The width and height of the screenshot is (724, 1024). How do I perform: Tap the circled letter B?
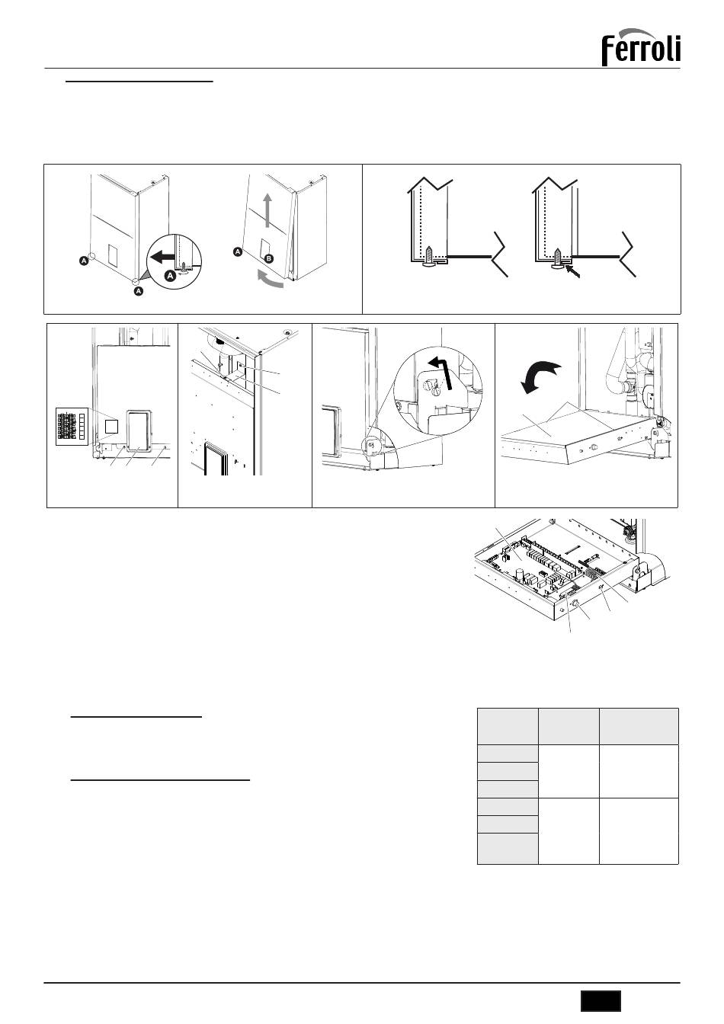[x=269, y=258]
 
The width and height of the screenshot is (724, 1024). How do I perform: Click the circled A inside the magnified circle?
[x=170, y=276]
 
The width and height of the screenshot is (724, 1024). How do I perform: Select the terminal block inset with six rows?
[x=72, y=427]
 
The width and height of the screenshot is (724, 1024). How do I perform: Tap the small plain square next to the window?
[x=111, y=427]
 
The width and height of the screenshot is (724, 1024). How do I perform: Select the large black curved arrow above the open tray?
[x=540, y=376]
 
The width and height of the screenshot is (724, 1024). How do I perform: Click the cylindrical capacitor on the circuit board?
[x=520, y=573]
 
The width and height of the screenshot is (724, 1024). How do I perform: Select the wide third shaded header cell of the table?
[x=639, y=726]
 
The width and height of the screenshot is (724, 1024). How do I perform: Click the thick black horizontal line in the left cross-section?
[x=469, y=257]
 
